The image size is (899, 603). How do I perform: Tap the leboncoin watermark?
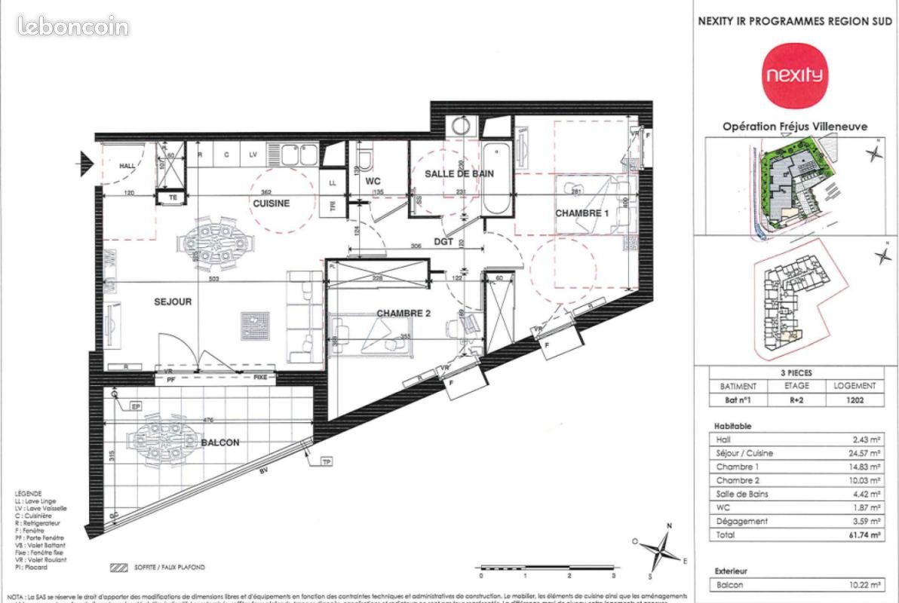[x=73, y=27]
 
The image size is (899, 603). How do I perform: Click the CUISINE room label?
[x=271, y=204]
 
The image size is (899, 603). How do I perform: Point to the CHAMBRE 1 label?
[x=581, y=213]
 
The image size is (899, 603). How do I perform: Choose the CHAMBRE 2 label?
[x=403, y=314]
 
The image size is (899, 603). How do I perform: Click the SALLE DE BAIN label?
[x=459, y=173]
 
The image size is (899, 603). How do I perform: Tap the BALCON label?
[x=220, y=442]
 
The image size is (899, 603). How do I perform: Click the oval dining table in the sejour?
[x=219, y=244]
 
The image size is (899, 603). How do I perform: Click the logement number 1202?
[x=854, y=401]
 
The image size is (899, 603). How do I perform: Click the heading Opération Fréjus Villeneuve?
[x=795, y=127]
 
